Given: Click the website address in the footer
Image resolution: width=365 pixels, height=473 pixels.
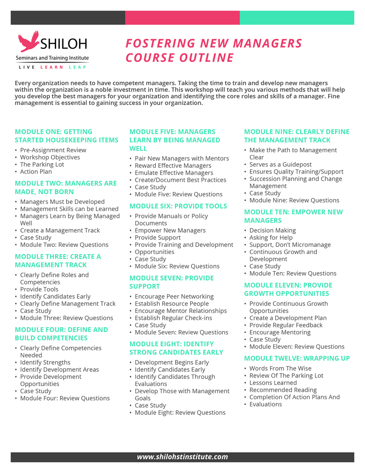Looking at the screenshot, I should coord(182,457).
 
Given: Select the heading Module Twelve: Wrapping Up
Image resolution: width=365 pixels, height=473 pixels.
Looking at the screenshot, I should coord(297,359).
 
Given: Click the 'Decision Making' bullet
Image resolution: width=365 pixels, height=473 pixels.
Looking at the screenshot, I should coord(272,230).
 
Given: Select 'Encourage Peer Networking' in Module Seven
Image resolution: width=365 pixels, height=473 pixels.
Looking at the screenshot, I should coord(174,297).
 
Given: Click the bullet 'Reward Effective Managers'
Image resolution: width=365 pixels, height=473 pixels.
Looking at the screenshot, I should coord(173,166).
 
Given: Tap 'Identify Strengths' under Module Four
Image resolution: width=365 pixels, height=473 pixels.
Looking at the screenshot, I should coord(45,362).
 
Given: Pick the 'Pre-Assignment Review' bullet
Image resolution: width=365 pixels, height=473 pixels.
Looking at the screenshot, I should coord(53,150).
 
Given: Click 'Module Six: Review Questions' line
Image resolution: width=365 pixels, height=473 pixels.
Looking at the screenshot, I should coord(177,266).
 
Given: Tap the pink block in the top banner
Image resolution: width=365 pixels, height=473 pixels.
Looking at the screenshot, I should coord(182,18).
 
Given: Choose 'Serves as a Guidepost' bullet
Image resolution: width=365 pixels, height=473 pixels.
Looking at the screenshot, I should coord(280,165).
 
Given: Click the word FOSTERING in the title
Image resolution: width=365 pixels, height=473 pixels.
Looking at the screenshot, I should coord(160,44).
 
